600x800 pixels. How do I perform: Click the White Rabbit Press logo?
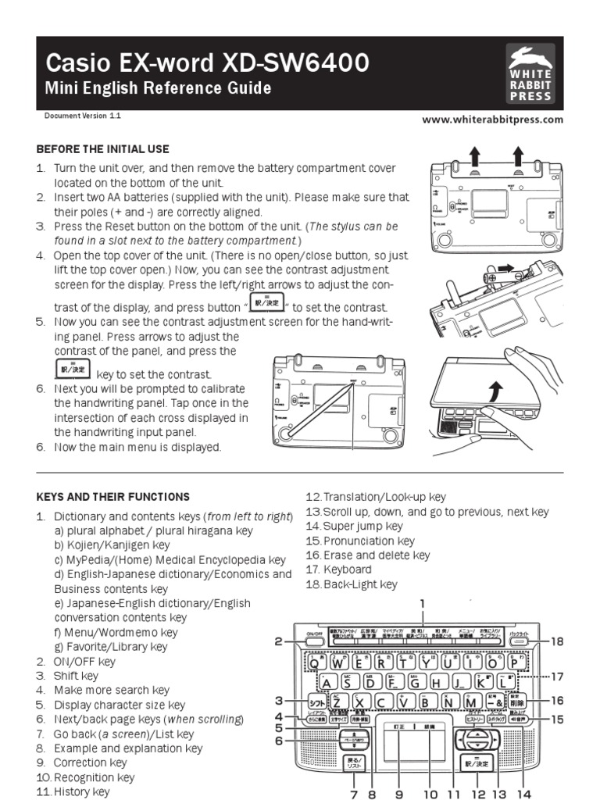coord(530,73)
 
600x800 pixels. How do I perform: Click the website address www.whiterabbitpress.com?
coord(492,120)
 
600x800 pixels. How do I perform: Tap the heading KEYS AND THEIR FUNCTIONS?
coord(113,496)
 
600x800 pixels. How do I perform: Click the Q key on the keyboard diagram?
coord(316,662)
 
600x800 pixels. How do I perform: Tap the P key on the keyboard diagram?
coord(514,662)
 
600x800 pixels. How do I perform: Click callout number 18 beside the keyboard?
coord(556,641)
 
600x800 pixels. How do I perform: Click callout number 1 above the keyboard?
coord(422,603)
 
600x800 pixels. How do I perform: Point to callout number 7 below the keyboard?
coord(354,794)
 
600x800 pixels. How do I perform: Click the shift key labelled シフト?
coord(317,701)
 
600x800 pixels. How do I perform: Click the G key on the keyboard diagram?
coord(415,681)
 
